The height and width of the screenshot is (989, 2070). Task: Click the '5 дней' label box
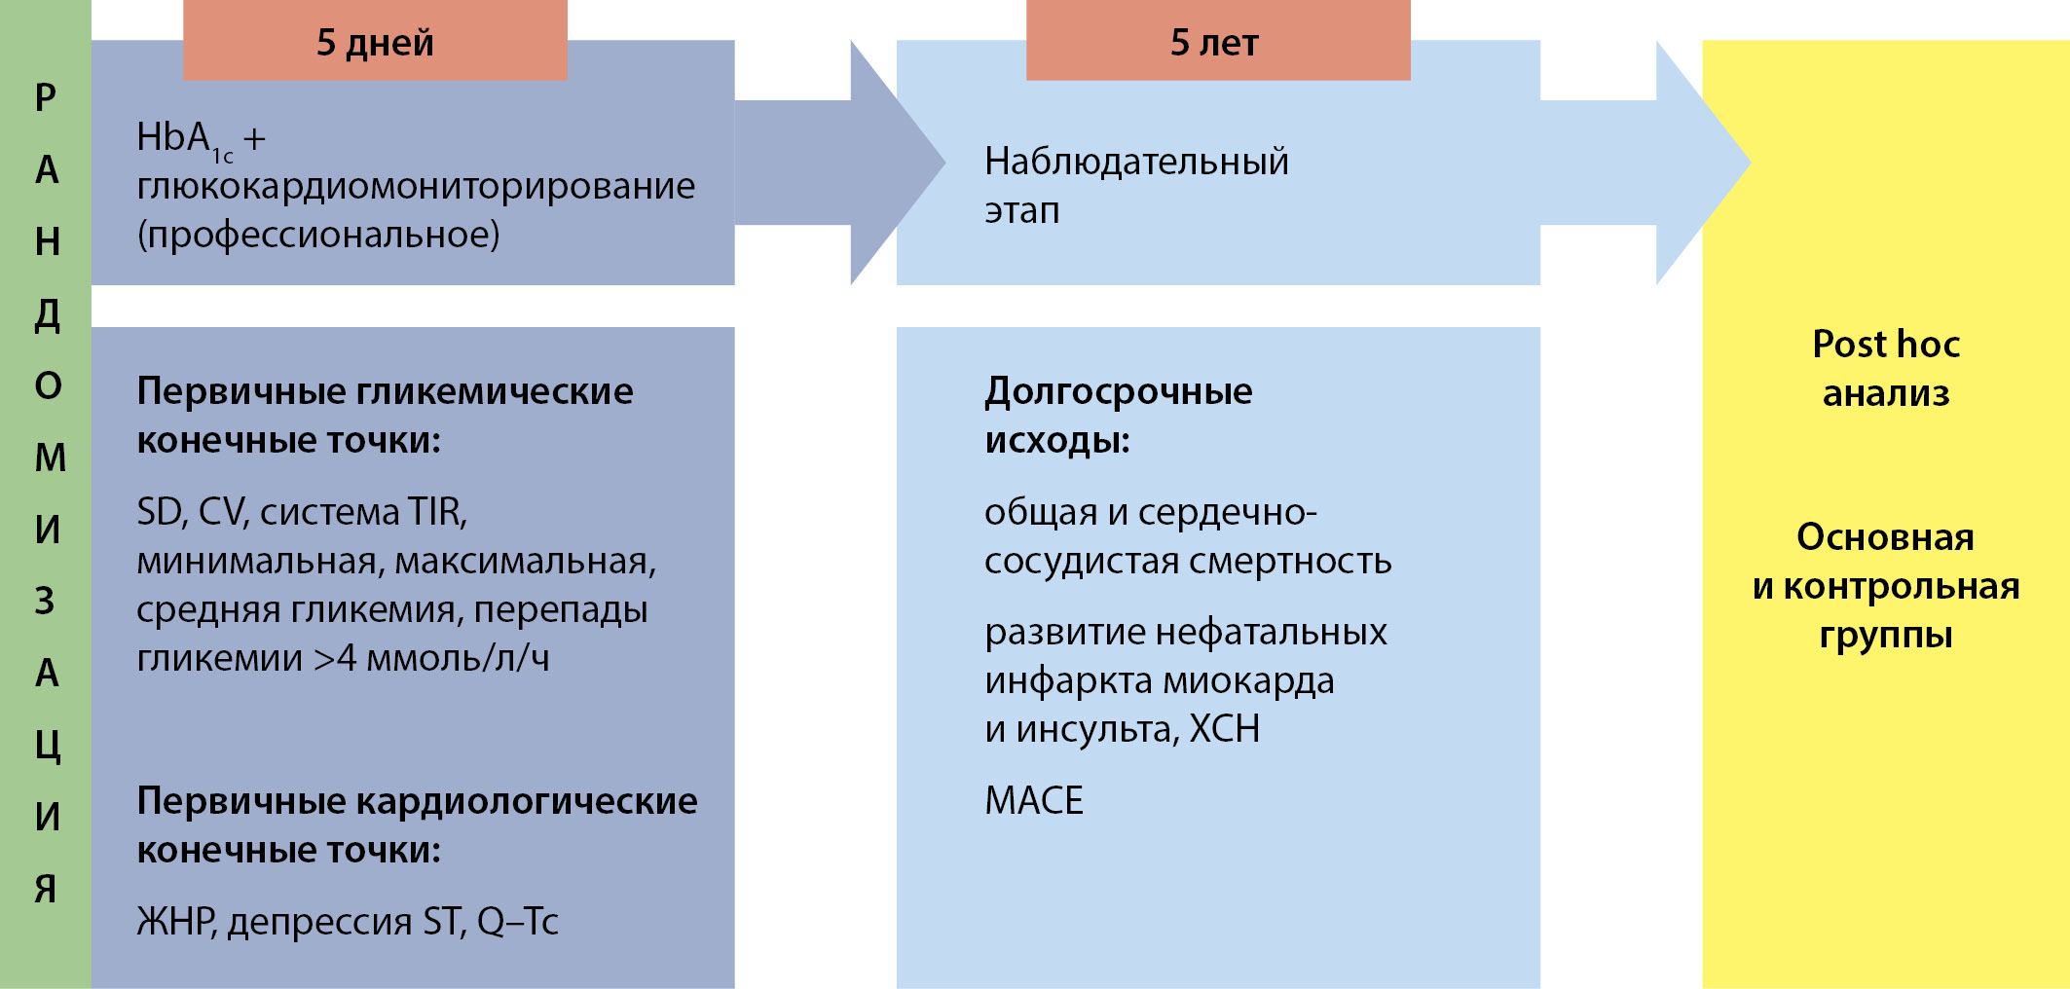point(375,42)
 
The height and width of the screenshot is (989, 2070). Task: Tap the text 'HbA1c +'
point(201,139)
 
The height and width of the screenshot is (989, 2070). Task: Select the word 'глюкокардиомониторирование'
point(416,186)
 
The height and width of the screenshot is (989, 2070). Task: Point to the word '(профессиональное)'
point(318,235)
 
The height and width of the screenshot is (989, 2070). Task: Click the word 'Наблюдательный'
point(1136,162)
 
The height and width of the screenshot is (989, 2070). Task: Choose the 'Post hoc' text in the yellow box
point(1885,344)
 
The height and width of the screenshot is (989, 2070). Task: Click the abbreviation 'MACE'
point(1034,800)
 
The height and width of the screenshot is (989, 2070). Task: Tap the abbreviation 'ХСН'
point(1225,728)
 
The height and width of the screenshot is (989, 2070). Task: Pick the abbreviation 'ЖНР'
point(175,921)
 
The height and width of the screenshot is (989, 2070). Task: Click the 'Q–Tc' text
point(517,921)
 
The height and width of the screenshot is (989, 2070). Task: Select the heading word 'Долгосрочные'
point(1118,391)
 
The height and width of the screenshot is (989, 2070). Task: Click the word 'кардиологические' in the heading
point(527,801)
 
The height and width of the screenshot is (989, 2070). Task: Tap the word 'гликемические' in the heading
point(496,391)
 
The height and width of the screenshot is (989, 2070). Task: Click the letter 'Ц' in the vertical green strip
point(47,745)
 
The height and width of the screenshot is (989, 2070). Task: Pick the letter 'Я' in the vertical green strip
point(46,888)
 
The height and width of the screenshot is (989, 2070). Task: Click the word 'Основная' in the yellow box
point(1885,537)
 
